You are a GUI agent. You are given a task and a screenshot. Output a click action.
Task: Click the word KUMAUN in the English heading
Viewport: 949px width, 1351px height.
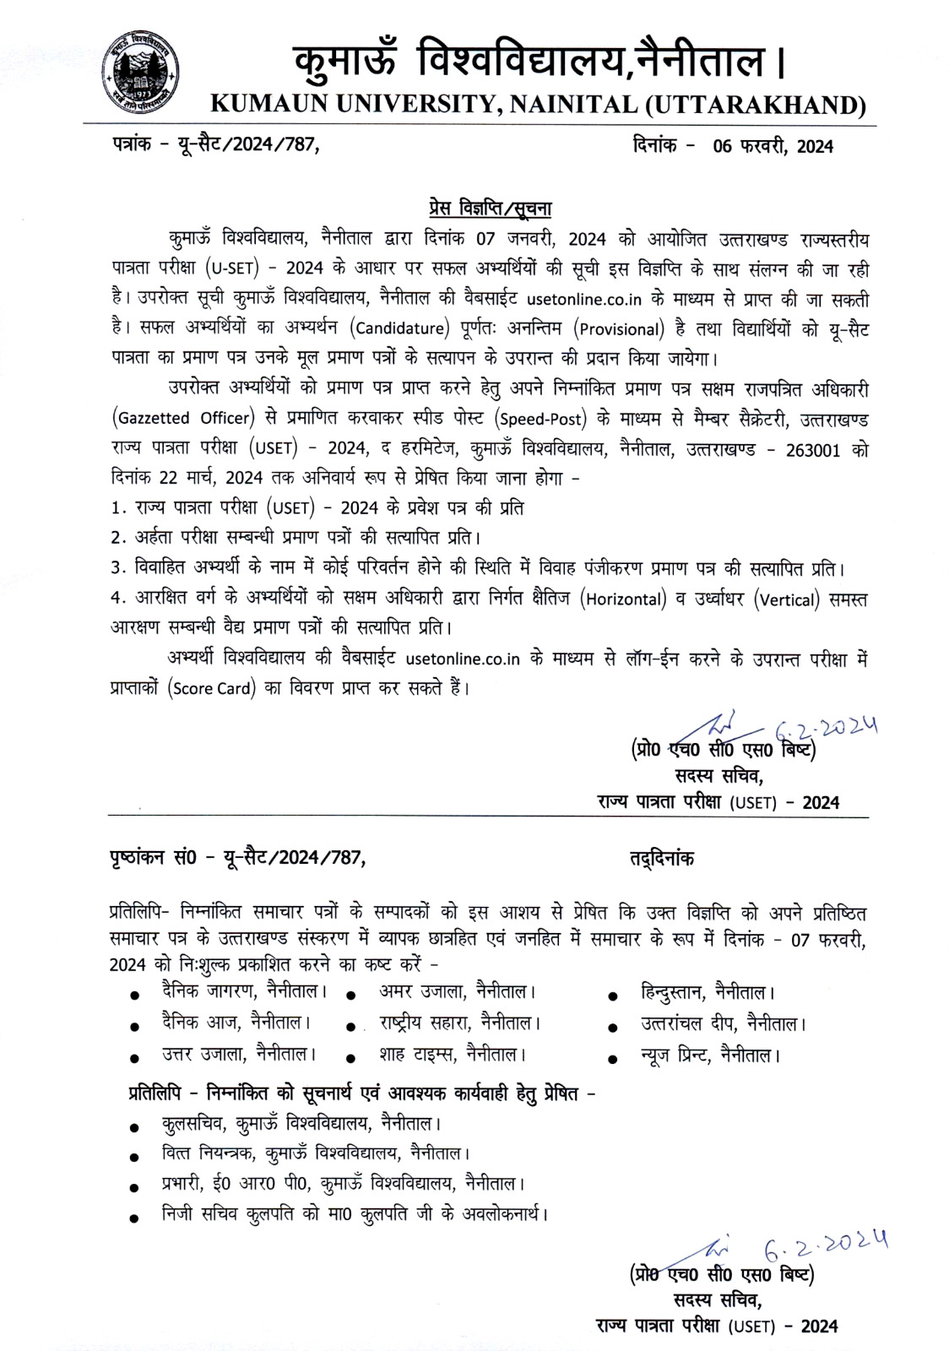tap(265, 105)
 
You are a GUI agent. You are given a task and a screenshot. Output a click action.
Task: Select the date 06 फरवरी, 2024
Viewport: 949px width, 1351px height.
tap(773, 147)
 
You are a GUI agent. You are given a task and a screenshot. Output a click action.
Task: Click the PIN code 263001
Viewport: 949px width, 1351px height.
tap(812, 449)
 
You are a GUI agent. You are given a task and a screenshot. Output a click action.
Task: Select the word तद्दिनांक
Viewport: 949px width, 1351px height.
tap(661, 859)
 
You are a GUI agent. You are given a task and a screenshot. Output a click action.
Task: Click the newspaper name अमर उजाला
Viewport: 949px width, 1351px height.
tap(426, 990)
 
